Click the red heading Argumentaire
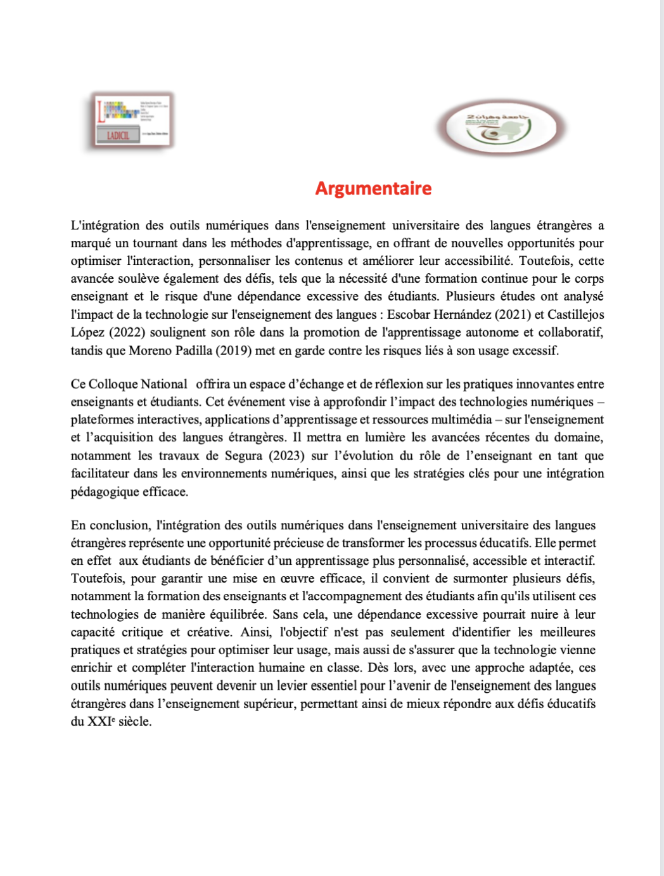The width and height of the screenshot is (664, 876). (x=373, y=188)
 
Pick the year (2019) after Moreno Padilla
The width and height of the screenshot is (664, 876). (x=234, y=351)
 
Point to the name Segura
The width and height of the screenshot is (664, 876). (x=243, y=456)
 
